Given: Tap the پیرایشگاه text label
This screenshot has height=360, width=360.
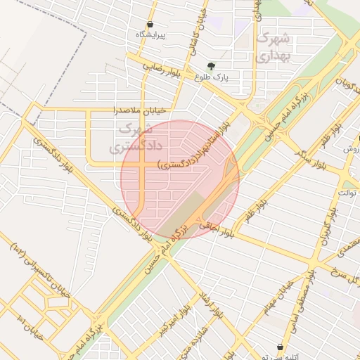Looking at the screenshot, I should (150, 34).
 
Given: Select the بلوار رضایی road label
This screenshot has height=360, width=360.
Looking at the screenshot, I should (163, 67).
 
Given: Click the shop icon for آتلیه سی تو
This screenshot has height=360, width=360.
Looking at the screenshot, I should (281, 347).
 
